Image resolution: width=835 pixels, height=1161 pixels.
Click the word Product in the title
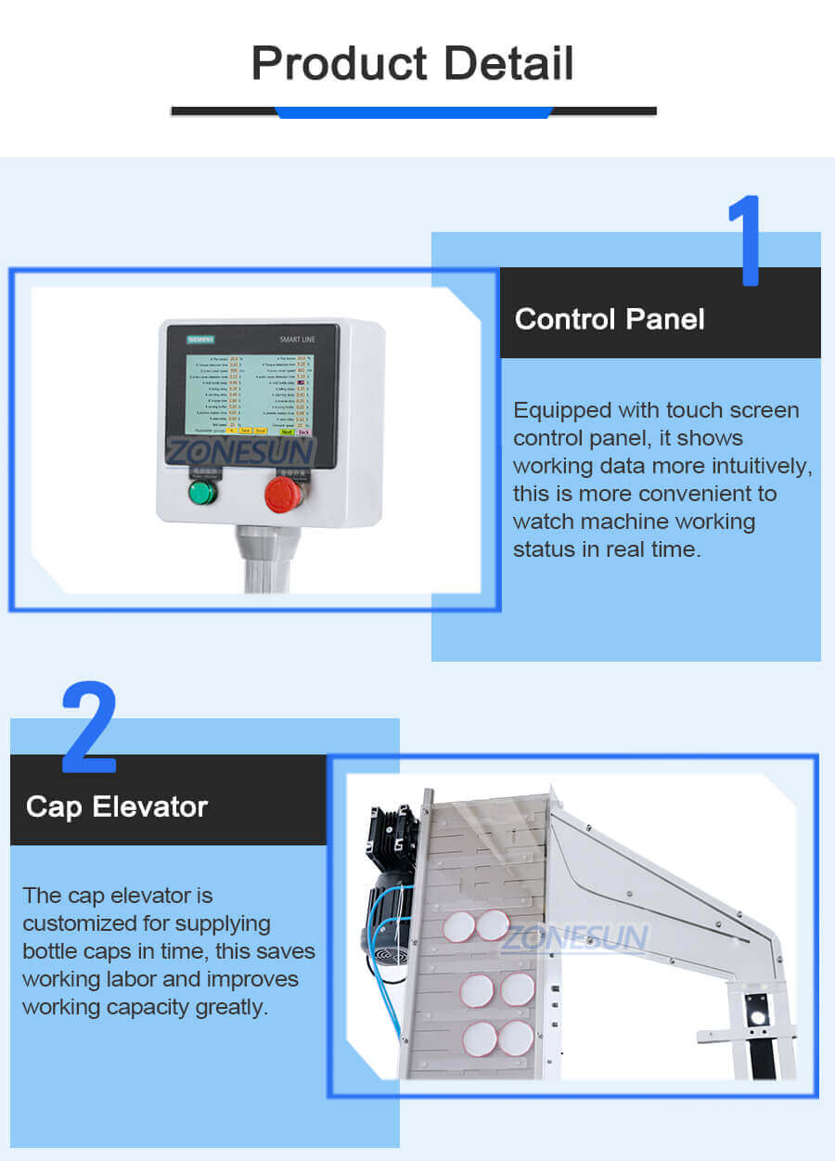pyautogui.click(x=340, y=64)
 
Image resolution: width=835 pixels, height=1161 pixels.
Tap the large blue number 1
pyautogui.click(x=746, y=241)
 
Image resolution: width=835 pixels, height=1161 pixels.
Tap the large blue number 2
pyautogui.click(x=89, y=729)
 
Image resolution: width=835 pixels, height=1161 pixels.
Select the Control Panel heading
pyautogui.click(x=610, y=319)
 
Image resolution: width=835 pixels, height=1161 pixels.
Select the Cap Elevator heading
pyautogui.click(x=117, y=806)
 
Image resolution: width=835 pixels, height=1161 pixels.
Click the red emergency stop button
pyautogui.click(x=282, y=494)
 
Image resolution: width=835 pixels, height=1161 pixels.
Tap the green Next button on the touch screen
pyautogui.click(x=287, y=432)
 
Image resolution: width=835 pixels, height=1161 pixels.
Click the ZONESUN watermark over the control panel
pyautogui.click(x=241, y=452)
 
